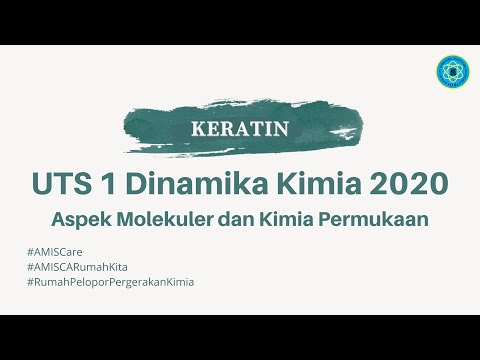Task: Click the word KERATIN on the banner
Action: [239, 128]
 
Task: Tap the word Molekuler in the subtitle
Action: [162, 219]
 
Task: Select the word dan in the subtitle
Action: [236, 219]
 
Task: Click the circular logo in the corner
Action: [450, 72]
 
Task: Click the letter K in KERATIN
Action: [197, 128]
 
